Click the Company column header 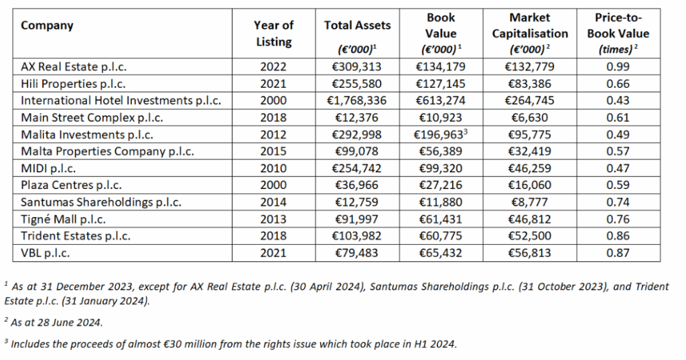pyautogui.click(x=47, y=25)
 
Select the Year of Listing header pyautogui.click(x=273, y=34)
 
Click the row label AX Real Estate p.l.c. pyautogui.click(x=74, y=67)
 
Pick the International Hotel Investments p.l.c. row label pyautogui.click(x=121, y=101)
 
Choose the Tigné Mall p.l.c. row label pyautogui.click(x=63, y=219)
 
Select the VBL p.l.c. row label pyautogui.click(x=45, y=253)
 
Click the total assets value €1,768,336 pyautogui.click(x=357, y=101)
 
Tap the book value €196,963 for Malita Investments pyautogui.click(x=441, y=135)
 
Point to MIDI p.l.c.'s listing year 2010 pyautogui.click(x=273, y=168)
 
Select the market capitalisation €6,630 pyautogui.click(x=529, y=118)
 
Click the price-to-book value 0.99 pyautogui.click(x=618, y=67)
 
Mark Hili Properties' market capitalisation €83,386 pyautogui.click(x=529, y=84)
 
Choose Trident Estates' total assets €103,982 pyautogui.click(x=357, y=236)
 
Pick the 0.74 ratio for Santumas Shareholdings pyautogui.click(x=618, y=202)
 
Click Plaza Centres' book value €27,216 pyautogui.click(x=441, y=185)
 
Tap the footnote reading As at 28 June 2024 pyautogui.click(x=54, y=322)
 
